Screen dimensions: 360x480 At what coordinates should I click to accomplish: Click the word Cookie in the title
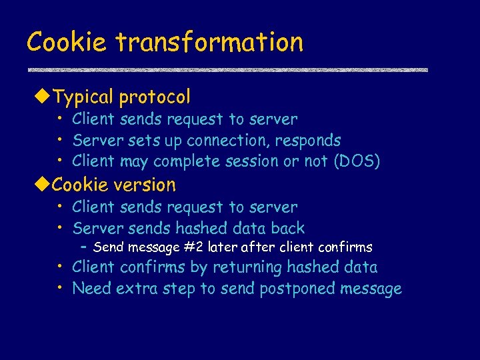pyautogui.click(x=67, y=42)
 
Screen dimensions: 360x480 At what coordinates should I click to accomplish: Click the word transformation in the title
pyautogui.click(x=209, y=42)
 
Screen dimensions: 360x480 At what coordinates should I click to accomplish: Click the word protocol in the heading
pyautogui.click(x=155, y=97)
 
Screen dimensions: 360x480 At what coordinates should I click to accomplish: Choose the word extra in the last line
pyautogui.click(x=137, y=289)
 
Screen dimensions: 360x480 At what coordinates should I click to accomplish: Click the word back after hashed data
pyautogui.click(x=287, y=228)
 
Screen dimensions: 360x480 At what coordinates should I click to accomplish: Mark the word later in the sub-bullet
pyautogui.click(x=221, y=247)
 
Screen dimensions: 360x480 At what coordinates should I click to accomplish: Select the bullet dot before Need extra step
pyautogui.click(x=60, y=287)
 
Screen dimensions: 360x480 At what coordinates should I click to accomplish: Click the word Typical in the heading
pyautogui.click(x=83, y=97)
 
